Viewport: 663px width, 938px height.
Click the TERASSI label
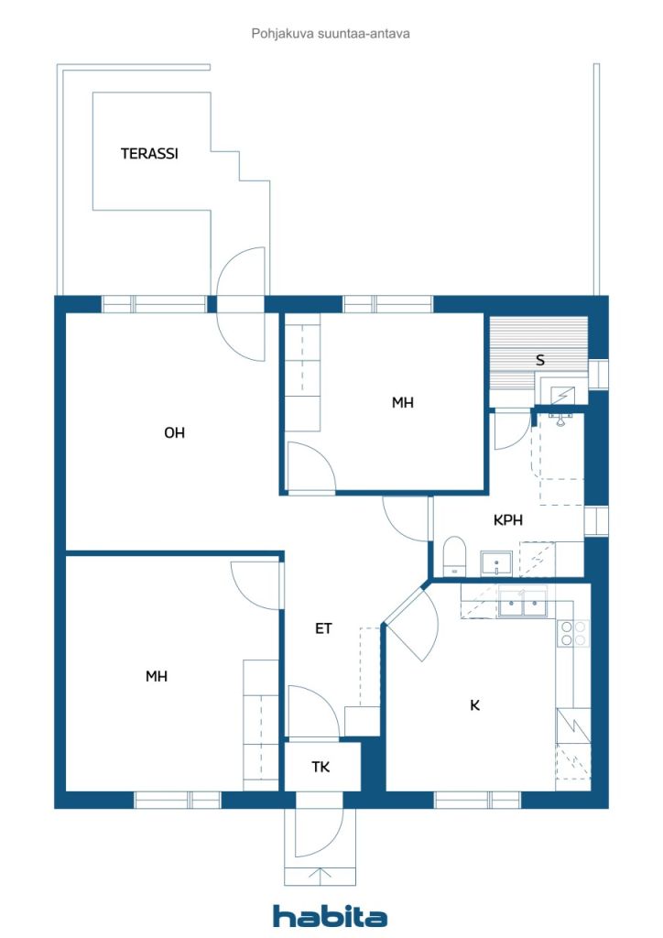[149, 154]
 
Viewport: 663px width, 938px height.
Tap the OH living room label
[174, 433]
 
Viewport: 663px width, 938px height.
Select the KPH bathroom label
[508, 519]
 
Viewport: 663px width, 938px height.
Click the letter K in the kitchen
[474, 705]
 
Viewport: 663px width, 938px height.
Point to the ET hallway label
[323, 628]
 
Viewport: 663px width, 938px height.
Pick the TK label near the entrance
[321, 767]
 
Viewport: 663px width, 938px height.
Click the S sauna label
[540, 361]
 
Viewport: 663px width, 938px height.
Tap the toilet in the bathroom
[454, 557]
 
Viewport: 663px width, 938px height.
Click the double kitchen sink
[523, 603]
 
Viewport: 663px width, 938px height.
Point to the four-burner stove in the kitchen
[573, 633]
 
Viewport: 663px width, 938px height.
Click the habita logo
[330, 916]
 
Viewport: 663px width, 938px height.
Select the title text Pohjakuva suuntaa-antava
[331, 34]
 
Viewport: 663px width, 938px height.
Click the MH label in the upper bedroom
[403, 402]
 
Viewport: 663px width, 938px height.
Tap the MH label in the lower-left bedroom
[157, 677]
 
